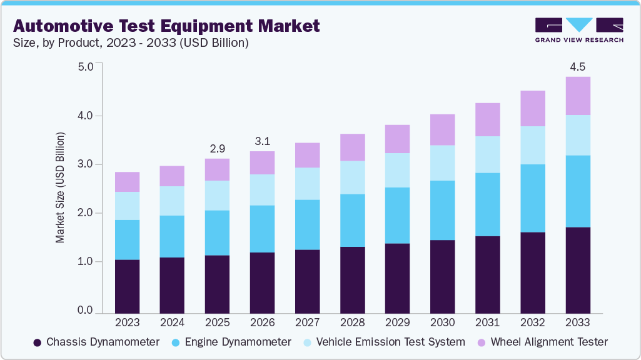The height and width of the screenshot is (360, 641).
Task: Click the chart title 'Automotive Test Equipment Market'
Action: [166, 26]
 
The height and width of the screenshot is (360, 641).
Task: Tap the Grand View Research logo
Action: [578, 29]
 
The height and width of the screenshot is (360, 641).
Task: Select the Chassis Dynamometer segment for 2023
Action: [128, 286]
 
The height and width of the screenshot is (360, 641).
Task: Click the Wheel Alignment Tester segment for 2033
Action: [578, 96]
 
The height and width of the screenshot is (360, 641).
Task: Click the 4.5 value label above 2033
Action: [578, 67]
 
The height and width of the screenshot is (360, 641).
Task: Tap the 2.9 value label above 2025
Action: [217, 149]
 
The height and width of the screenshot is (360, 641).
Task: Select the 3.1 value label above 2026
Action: [262, 141]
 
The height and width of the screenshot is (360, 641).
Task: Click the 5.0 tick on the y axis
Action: [85, 67]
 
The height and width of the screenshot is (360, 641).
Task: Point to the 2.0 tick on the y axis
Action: [85, 213]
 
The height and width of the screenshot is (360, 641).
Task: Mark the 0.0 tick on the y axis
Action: [85, 311]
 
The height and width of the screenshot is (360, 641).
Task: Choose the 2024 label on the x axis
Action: [172, 323]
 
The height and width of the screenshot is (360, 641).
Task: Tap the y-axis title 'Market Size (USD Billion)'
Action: [60, 187]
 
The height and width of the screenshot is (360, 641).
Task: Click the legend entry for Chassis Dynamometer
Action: [96, 342]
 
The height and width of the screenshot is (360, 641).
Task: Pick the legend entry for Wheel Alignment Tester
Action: [543, 342]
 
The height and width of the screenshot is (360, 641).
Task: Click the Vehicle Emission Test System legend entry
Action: [383, 342]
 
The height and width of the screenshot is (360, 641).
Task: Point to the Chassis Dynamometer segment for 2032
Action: [533, 272]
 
